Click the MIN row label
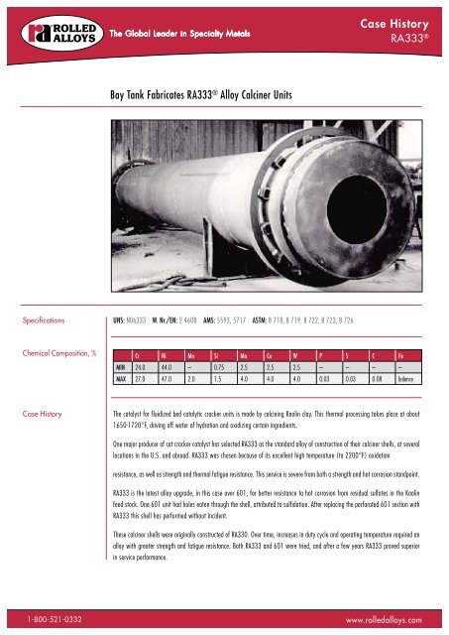[122, 367]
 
